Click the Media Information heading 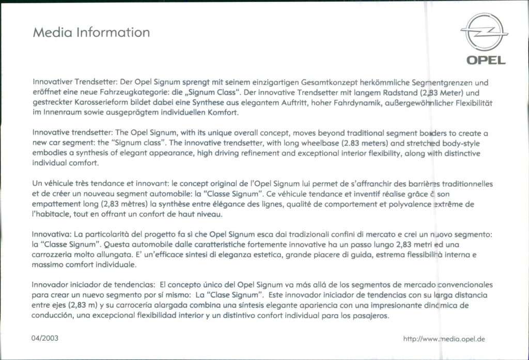(x=91, y=33)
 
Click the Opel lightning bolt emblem (x=484, y=33)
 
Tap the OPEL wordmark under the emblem (x=486, y=60)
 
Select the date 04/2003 (x=45, y=339)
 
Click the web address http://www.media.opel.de (x=443, y=339)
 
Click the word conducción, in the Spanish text (x=53, y=315)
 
